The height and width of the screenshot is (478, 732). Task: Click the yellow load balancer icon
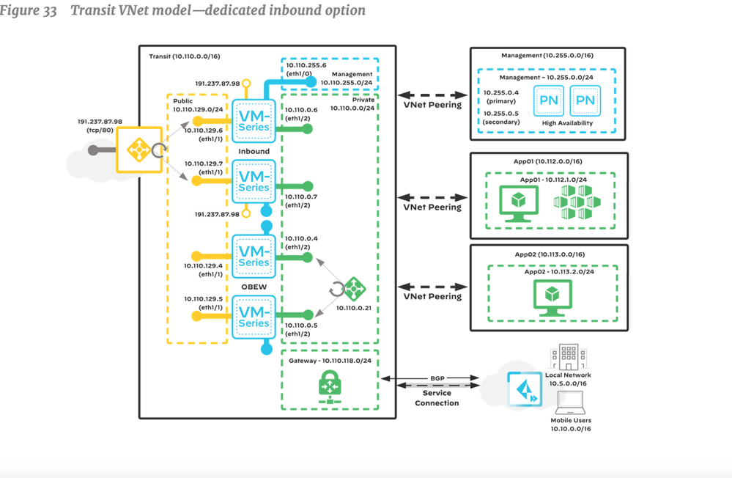[138, 150]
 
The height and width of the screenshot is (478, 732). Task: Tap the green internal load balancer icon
[354, 286]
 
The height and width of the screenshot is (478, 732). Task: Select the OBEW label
[253, 287]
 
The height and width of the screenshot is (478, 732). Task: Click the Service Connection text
[437, 397]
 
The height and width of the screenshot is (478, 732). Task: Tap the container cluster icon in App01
[575, 202]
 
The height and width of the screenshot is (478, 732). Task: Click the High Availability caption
[568, 123]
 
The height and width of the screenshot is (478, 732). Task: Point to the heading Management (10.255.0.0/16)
[547, 56]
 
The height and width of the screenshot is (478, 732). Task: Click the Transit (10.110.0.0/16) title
[181, 56]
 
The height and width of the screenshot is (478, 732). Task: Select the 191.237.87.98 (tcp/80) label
[100, 126]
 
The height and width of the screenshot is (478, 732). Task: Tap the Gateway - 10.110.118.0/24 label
[328, 361]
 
